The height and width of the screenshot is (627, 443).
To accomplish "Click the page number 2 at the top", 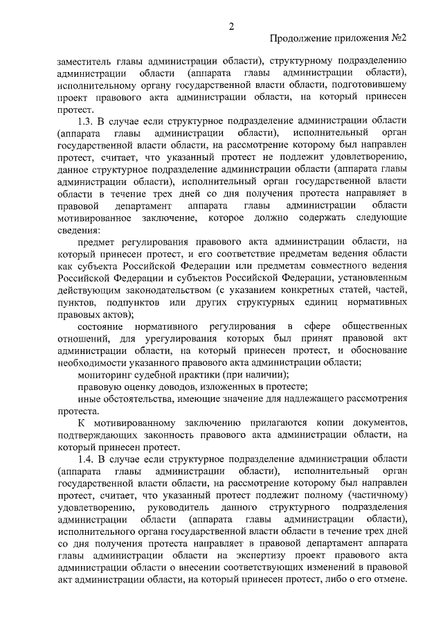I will [232, 26].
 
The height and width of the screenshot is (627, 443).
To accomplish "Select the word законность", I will [203, 434].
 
